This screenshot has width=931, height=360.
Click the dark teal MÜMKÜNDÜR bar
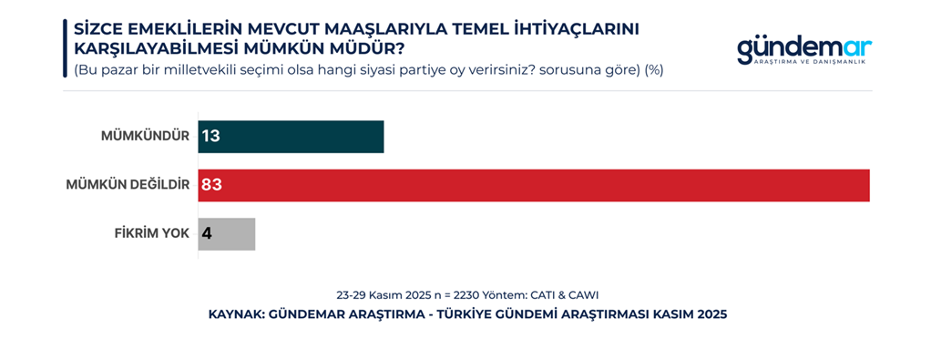pyautogui.click(x=292, y=137)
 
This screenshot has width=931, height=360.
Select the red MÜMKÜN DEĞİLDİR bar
pyautogui.click(x=534, y=185)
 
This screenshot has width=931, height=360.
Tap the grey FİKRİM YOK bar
pyautogui.click(x=228, y=233)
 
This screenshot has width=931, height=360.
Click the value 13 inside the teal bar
pyautogui.click(x=212, y=137)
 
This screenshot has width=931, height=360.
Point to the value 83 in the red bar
pyautogui.click(x=212, y=185)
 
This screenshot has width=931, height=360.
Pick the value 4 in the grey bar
pyautogui.click(x=207, y=233)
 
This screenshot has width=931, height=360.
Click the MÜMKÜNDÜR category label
pyautogui.click(x=145, y=137)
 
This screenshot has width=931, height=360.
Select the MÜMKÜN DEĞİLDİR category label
pyautogui.click(x=128, y=185)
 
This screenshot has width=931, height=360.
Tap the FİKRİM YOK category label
pyautogui.click(x=152, y=233)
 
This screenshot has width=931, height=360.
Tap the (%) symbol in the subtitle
pyautogui.click(x=653, y=69)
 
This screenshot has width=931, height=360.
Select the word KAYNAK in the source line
pyautogui.click(x=236, y=314)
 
